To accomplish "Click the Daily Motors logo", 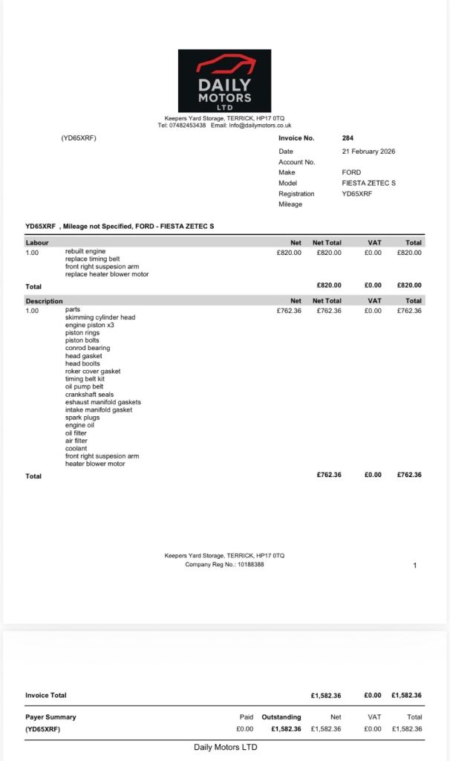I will click(224, 80).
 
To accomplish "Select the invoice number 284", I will click(348, 138).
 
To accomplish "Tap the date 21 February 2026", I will click(368, 151).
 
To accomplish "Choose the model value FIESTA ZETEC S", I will click(368, 183).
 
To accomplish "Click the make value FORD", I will click(351, 172).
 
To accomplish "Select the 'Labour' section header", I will click(37, 242).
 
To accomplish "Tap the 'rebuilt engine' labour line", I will click(85, 251).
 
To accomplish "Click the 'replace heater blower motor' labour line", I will click(107, 274).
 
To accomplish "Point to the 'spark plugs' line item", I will click(82, 418).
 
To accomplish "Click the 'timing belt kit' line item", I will click(85, 379).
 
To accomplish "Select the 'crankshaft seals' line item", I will click(89, 395).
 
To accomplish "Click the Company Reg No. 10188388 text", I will click(224, 565).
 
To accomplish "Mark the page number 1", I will click(414, 566).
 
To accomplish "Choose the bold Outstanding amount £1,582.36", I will click(286, 729).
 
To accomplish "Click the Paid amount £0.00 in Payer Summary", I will click(244, 729).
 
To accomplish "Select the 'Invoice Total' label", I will click(46, 696).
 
